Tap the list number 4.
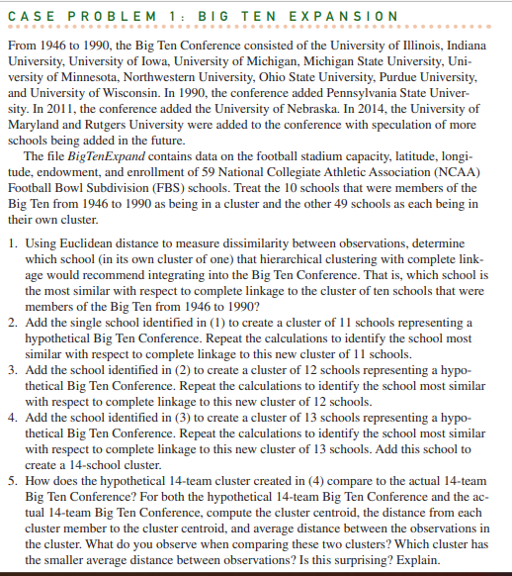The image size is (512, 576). pos(9,419)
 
